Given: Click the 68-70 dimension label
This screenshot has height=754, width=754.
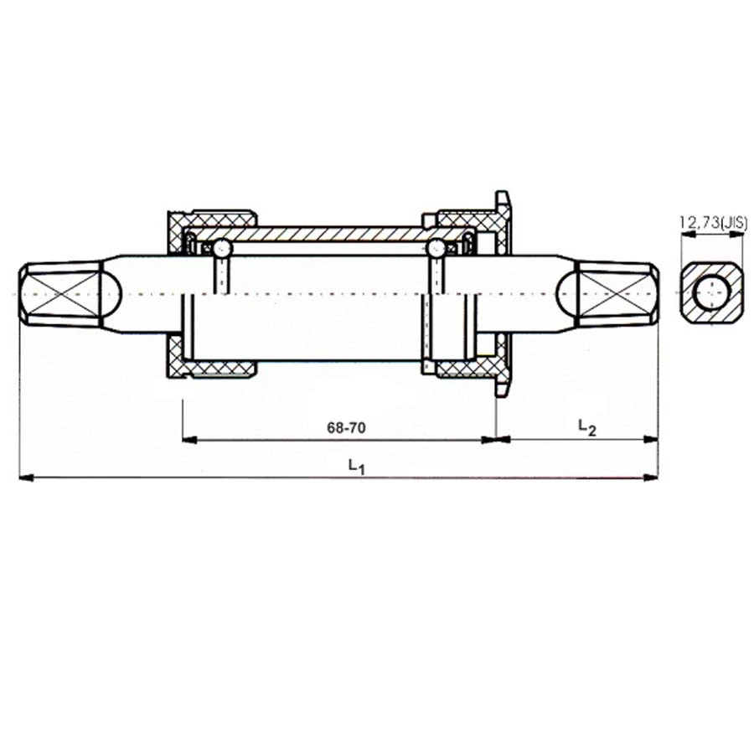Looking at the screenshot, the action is click(x=346, y=427).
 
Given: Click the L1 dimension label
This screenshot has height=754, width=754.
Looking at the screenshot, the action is click(x=357, y=466).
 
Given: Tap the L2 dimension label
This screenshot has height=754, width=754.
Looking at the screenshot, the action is click(x=586, y=426).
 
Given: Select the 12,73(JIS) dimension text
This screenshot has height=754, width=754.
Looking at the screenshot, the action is click(x=714, y=222).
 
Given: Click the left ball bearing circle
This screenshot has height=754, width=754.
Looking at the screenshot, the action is click(x=222, y=248).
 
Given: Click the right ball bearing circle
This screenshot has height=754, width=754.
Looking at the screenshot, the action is click(x=436, y=248).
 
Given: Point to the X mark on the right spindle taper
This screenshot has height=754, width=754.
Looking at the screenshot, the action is click(x=616, y=293).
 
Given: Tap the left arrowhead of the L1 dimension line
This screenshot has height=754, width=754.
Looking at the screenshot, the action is click(x=26, y=478).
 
